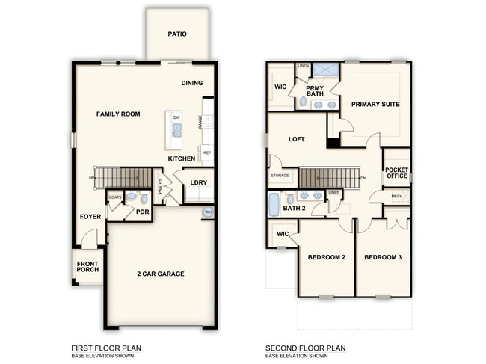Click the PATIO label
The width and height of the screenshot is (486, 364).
(x=177, y=34)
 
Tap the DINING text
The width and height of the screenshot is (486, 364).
(x=192, y=83)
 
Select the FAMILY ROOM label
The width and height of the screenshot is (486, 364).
(x=118, y=114)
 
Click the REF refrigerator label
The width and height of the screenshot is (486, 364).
(x=207, y=152)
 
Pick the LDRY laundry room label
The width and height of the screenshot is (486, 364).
(x=198, y=182)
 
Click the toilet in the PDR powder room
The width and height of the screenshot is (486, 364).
(x=132, y=197)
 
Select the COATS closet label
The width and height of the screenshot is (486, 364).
(x=114, y=197)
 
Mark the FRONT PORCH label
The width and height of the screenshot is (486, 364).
(x=87, y=266)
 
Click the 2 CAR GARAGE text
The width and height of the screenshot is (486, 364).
(x=161, y=274)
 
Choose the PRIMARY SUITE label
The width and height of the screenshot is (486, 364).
(x=375, y=105)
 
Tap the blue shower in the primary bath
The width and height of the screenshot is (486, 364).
(x=324, y=71)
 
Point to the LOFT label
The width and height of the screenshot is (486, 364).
(x=297, y=139)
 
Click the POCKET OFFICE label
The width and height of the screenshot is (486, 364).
(x=396, y=173)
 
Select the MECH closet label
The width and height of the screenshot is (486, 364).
(x=396, y=197)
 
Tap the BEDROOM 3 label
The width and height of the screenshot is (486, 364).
(x=383, y=258)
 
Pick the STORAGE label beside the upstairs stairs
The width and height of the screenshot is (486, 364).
(x=280, y=176)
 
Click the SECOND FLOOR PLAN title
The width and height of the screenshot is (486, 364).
(x=306, y=348)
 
